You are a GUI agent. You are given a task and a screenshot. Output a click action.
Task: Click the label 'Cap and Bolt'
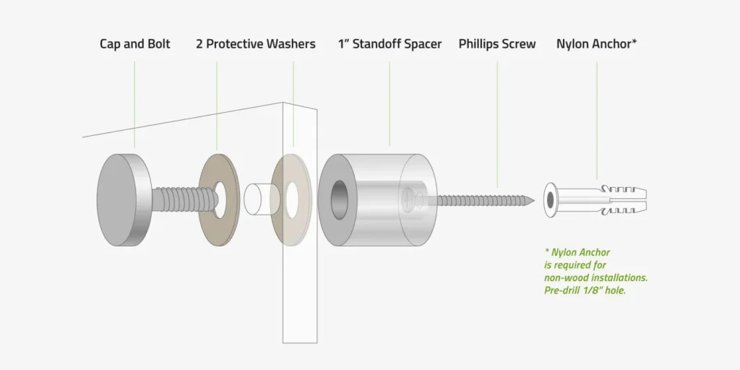[135, 44]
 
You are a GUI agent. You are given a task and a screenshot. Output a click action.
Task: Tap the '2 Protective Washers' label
[256, 44]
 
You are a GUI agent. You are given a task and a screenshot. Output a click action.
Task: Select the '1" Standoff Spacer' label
[390, 44]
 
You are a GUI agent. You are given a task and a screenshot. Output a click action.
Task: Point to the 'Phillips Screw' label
[497, 44]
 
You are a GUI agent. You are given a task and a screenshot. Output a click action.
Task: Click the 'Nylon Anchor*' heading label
[597, 44]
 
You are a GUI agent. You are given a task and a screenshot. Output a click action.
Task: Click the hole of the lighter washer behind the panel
[292, 200]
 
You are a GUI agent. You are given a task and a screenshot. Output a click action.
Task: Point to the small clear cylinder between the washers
[258, 199]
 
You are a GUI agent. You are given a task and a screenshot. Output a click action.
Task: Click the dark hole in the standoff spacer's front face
[338, 200]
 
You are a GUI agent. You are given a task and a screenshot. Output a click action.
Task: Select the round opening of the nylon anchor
[550, 200]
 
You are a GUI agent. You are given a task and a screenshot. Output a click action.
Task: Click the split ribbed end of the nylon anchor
[628, 200]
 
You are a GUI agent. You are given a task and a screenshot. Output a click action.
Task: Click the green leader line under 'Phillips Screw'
[497, 124]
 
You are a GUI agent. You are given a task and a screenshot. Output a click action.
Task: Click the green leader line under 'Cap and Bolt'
[134, 104]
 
